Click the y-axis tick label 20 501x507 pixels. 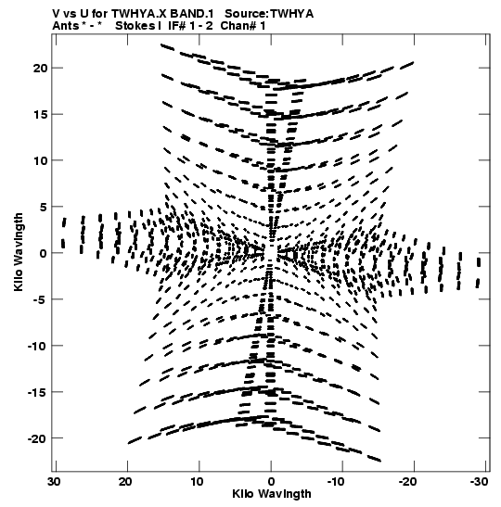click(x=40, y=69)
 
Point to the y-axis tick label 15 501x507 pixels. click(x=40, y=114)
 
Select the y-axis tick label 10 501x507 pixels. click(x=40, y=160)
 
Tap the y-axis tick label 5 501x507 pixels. click(x=44, y=207)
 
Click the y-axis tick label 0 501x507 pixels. click(x=44, y=253)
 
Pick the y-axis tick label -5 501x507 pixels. click(x=40, y=299)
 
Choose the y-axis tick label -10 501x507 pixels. click(x=37, y=346)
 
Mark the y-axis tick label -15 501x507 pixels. click(x=37, y=392)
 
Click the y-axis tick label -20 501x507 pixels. click(x=37, y=438)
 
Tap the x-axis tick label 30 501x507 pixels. click(x=55, y=482)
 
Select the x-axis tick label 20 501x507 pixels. click(x=125, y=482)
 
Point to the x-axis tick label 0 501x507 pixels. click(x=271, y=482)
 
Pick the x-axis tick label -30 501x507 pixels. click(x=479, y=482)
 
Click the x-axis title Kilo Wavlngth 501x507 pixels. click(x=272, y=494)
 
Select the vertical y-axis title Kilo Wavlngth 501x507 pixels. click(x=19, y=252)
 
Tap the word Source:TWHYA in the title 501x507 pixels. click(x=269, y=14)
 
